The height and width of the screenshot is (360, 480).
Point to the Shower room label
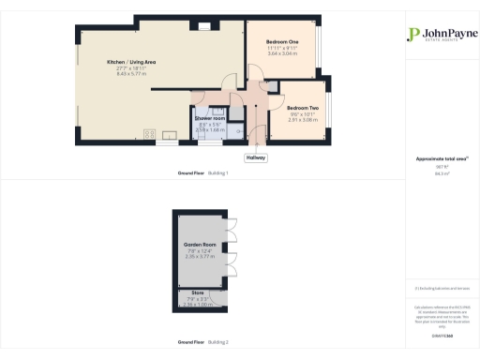point(210,118)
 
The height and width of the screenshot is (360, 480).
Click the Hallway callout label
point(256,157)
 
